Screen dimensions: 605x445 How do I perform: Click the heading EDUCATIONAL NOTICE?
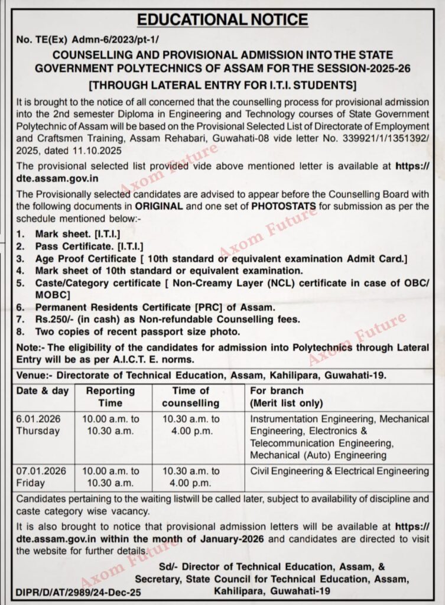(x=222, y=19)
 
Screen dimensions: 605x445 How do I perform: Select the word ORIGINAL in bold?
(x=162, y=207)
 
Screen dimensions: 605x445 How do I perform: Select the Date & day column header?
(x=42, y=391)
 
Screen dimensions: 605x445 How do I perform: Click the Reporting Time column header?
(x=111, y=396)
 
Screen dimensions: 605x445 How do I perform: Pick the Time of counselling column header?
(x=190, y=396)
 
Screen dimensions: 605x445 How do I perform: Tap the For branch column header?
(x=277, y=391)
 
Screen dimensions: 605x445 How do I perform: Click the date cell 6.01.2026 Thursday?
(x=38, y=424)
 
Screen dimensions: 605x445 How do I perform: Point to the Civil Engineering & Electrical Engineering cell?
(x=339, y=471)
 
